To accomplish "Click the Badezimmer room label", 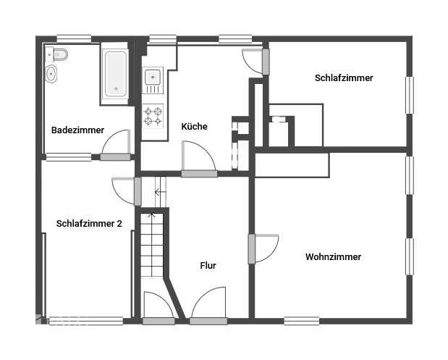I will pyautogui.click(x=77, y=130).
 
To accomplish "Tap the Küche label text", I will pyautogui.click(x=194, y=127).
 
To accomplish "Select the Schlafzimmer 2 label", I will pyautogui.click(x=89, y=224).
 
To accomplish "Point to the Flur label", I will pyautogui.click(x=208, y=266).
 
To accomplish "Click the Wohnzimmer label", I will pyautogui.click(x=333, y=257).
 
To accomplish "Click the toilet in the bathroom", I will pyautogui.click(x=59, y=54).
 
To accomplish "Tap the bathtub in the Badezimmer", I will pyautogui.click(x=115, y=73).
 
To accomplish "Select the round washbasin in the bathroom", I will pyautogui.click(x=51, y=73).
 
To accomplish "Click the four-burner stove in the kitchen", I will pyautogui.click(x=153, y=117).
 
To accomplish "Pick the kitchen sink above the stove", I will pyautogui.click(x=153, y=76).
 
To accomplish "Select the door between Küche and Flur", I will pyautogui.click(x=198, y=158).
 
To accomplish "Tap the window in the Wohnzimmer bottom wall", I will pyautogui.click(x=301, y=320).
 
